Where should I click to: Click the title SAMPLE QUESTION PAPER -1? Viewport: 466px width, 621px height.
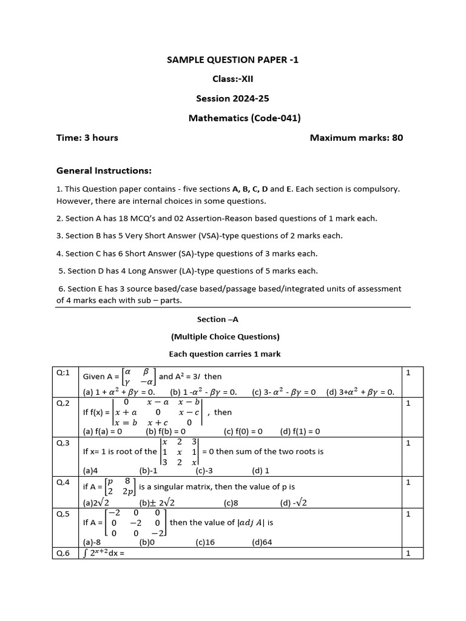click(232, 59)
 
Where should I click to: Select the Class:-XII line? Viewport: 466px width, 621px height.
click(232, 79)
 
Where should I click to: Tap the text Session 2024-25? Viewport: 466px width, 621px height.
click(232, 98)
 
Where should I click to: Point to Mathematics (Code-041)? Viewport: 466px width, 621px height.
click(245, 118)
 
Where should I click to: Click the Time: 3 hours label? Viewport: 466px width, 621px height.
click(87, 138)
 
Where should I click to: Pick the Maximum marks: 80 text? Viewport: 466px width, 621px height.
click(356, 138)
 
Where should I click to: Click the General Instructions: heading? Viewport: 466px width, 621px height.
click(104, 171)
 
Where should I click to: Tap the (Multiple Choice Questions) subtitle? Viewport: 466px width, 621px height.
click(225, 337)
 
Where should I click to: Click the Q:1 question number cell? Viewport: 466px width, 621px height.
click(64, 372)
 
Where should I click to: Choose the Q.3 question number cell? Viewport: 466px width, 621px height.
click(64, 443)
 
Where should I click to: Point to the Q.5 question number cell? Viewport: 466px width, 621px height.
click(64, 514)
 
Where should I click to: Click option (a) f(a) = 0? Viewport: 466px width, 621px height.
click(103, 432)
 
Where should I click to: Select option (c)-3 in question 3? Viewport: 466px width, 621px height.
click(203, 470)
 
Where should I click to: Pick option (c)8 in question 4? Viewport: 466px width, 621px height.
click(231, 503)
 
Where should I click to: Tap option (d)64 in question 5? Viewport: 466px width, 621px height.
click(263, 543)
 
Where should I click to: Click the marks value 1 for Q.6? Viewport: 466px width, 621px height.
click(408, 553)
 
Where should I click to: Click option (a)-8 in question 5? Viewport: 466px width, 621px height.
click(92, 543)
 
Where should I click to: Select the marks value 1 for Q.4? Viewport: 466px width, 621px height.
click(408, 482)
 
